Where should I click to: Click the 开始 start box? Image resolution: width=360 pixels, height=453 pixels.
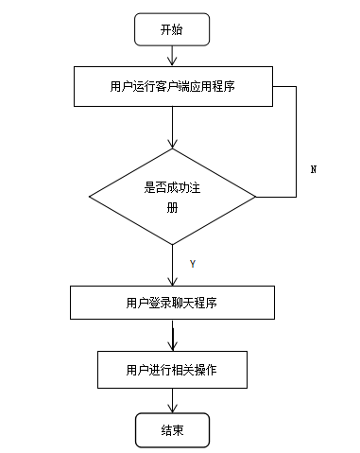pyautogui.click(x=172, y=29)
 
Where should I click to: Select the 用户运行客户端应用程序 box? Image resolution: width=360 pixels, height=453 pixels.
pyautogui.click(x=172, y=86)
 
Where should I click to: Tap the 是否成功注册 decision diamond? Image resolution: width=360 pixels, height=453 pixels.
pyautogui.click(x=172, y=197)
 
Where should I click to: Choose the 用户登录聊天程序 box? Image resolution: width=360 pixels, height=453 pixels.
pyautogui.click(x=172, y=303)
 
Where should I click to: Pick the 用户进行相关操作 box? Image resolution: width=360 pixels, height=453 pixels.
pyautogui.click(x=172, y=369)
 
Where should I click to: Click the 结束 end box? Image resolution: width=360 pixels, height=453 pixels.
pyautogui.click(x=172, y=429)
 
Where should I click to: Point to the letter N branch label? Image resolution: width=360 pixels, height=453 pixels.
pyautogui.click(x=314, y=169)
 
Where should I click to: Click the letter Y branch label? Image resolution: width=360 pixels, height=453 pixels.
pyautogui.click(x=193, y=264)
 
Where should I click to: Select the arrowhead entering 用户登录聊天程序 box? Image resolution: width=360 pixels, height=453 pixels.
pyautogui.click(x=172, y=280)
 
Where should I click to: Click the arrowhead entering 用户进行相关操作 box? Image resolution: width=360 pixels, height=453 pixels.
pyautogui.click(x=172, y=346)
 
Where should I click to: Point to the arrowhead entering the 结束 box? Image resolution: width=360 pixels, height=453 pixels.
pyautogui.click(x=172, y=409)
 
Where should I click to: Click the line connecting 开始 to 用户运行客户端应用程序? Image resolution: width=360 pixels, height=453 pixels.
pyautogui.click(x=172, y=56)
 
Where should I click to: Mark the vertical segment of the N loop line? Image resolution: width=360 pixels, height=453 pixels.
pyautogui.click(x=297, y=142)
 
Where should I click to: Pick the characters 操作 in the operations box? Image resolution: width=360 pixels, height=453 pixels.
pyautogui.click(x=206, y=369)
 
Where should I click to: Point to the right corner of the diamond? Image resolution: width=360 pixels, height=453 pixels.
pyautogui.click(x=255, y=197)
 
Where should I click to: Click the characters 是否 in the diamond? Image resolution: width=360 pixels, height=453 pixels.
pyautogui.click(x=155, y=187)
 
